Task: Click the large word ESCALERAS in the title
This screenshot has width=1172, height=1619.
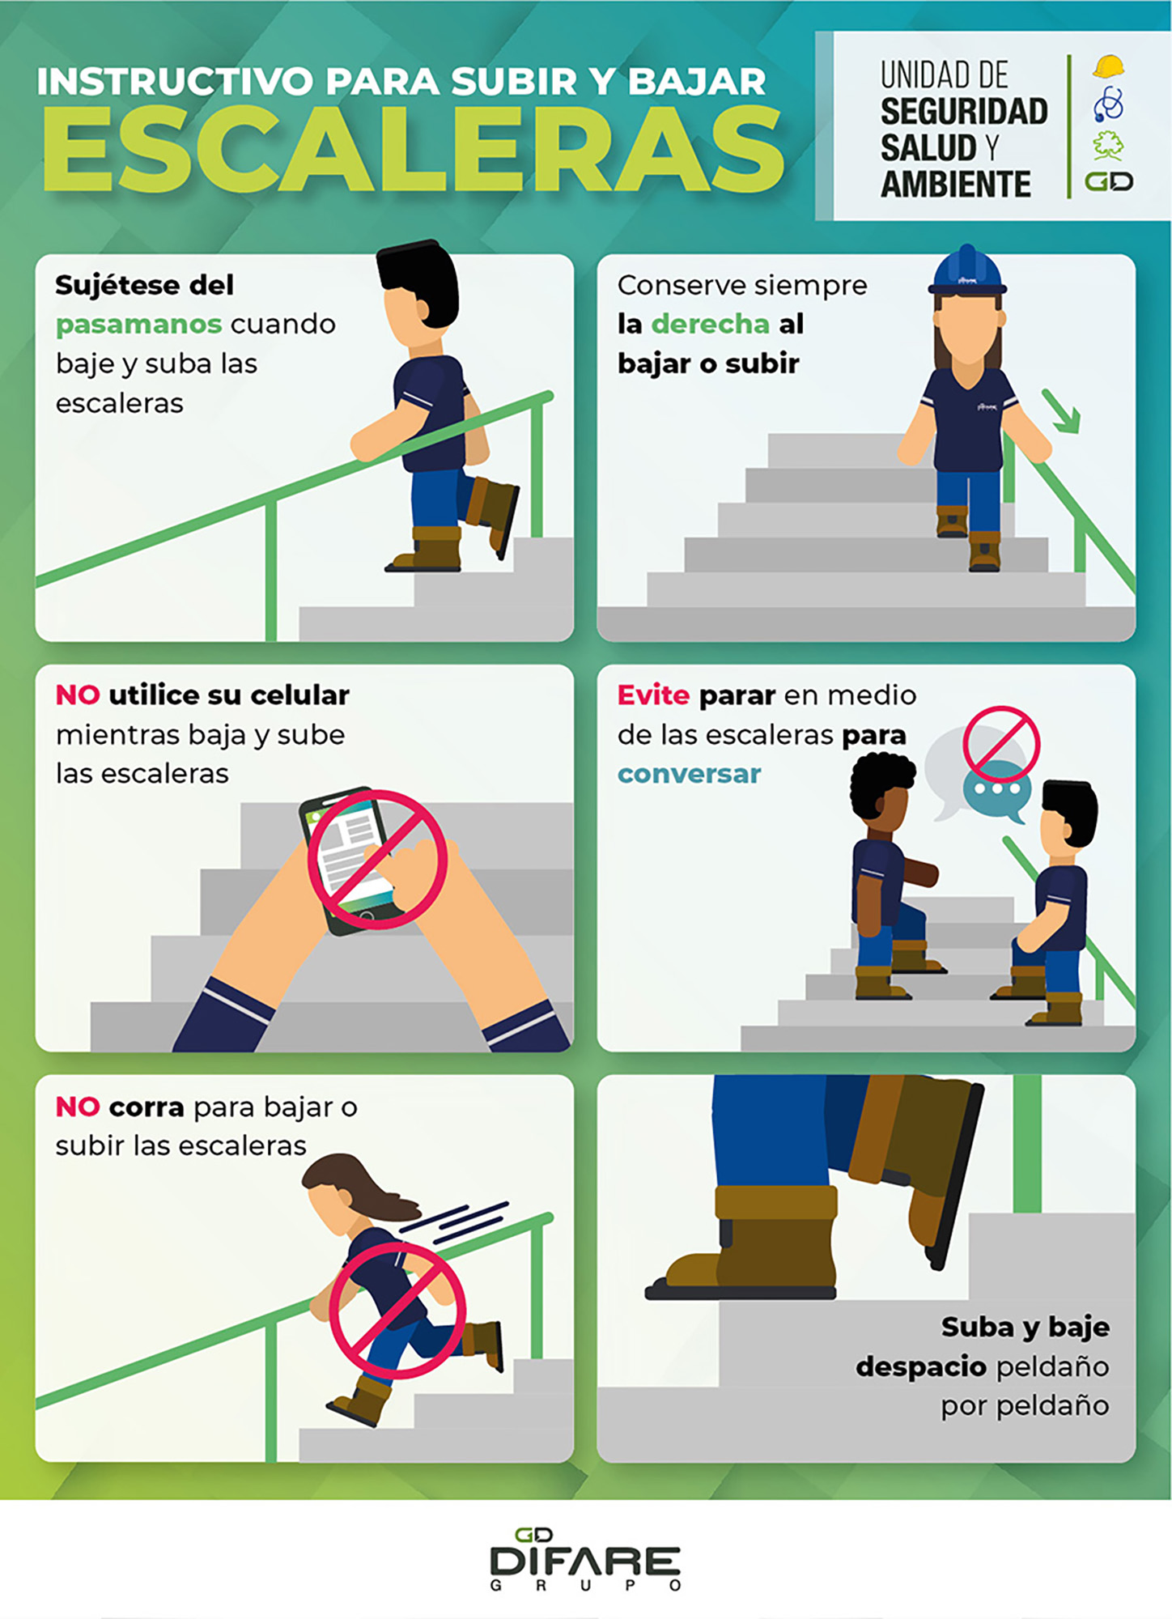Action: click(413, 151)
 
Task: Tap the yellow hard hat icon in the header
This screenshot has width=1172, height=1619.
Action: click(1108, 66)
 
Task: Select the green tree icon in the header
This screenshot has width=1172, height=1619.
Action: click(1108, 145)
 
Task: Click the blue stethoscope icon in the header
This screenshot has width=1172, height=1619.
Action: click(1108, 104)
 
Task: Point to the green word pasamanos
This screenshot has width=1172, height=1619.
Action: click(138, 325)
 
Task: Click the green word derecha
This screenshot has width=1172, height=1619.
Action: click(710, 324)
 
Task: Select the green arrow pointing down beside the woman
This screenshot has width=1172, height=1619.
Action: click(1061, 412)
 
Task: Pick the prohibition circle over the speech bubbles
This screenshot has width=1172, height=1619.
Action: click(1001, 743)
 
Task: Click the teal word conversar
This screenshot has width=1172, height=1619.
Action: click(689, 774)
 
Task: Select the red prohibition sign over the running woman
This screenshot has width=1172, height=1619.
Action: click(397, 1311)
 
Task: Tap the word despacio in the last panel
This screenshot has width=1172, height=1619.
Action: click(920, 1366)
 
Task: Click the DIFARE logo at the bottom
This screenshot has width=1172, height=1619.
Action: click(585, 1559)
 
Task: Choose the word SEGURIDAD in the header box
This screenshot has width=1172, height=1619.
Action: click(964, 112)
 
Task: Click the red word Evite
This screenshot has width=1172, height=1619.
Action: click(653, 695)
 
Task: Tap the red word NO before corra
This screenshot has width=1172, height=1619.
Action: click(78, 1107)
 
